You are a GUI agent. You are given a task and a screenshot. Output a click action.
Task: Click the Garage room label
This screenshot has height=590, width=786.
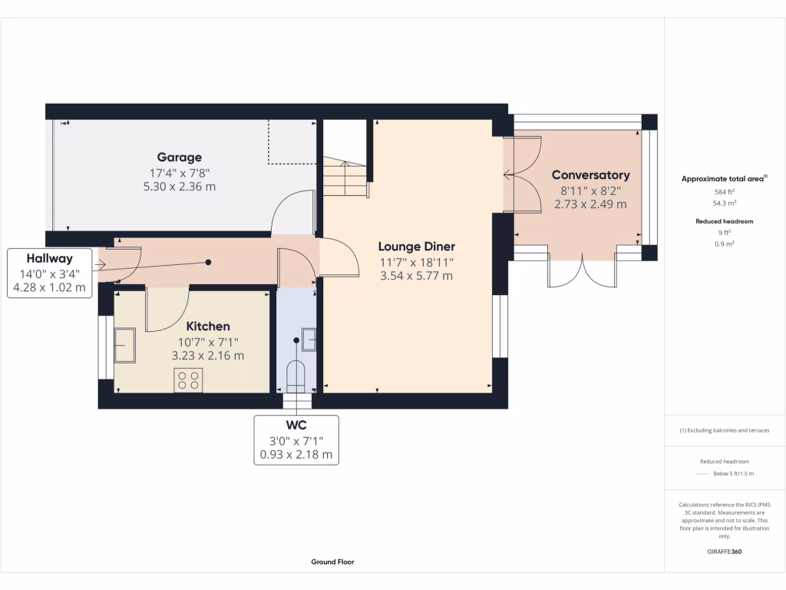pos(180,157)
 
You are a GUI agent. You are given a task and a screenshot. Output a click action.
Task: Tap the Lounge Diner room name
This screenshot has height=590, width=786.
pos(416,247)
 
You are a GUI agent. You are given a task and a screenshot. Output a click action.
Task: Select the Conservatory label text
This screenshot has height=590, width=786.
pos(590,175)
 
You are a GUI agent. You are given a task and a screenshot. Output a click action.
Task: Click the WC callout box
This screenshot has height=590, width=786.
pos(296,439)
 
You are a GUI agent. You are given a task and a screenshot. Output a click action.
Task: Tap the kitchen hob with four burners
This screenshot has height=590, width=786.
pos(188,380)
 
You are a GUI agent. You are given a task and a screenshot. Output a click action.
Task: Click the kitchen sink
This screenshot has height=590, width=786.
pos(124,345)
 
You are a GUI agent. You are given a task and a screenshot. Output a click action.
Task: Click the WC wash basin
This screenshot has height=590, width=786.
pos(310,339)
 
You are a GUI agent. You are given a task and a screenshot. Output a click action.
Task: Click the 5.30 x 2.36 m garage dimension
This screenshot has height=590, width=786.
pos(180,186)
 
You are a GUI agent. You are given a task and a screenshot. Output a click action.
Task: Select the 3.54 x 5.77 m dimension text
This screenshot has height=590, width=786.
pos(416,276)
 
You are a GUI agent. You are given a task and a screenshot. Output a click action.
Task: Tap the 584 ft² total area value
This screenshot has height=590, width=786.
pos(724,191)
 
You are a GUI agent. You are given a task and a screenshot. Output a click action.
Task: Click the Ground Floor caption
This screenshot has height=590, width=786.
pos(332,562)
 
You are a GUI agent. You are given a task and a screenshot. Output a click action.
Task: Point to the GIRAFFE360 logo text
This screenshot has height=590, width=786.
pos(724,552)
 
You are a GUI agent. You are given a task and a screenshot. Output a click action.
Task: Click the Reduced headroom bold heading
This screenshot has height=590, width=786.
pos(724,221)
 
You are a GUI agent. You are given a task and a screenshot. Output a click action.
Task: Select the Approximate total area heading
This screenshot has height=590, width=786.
pos(724,178)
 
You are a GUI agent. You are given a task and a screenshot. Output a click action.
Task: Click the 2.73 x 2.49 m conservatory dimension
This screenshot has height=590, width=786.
pos(590,204)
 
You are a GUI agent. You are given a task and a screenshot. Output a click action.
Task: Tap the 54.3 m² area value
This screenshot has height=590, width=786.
pos(724,203)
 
